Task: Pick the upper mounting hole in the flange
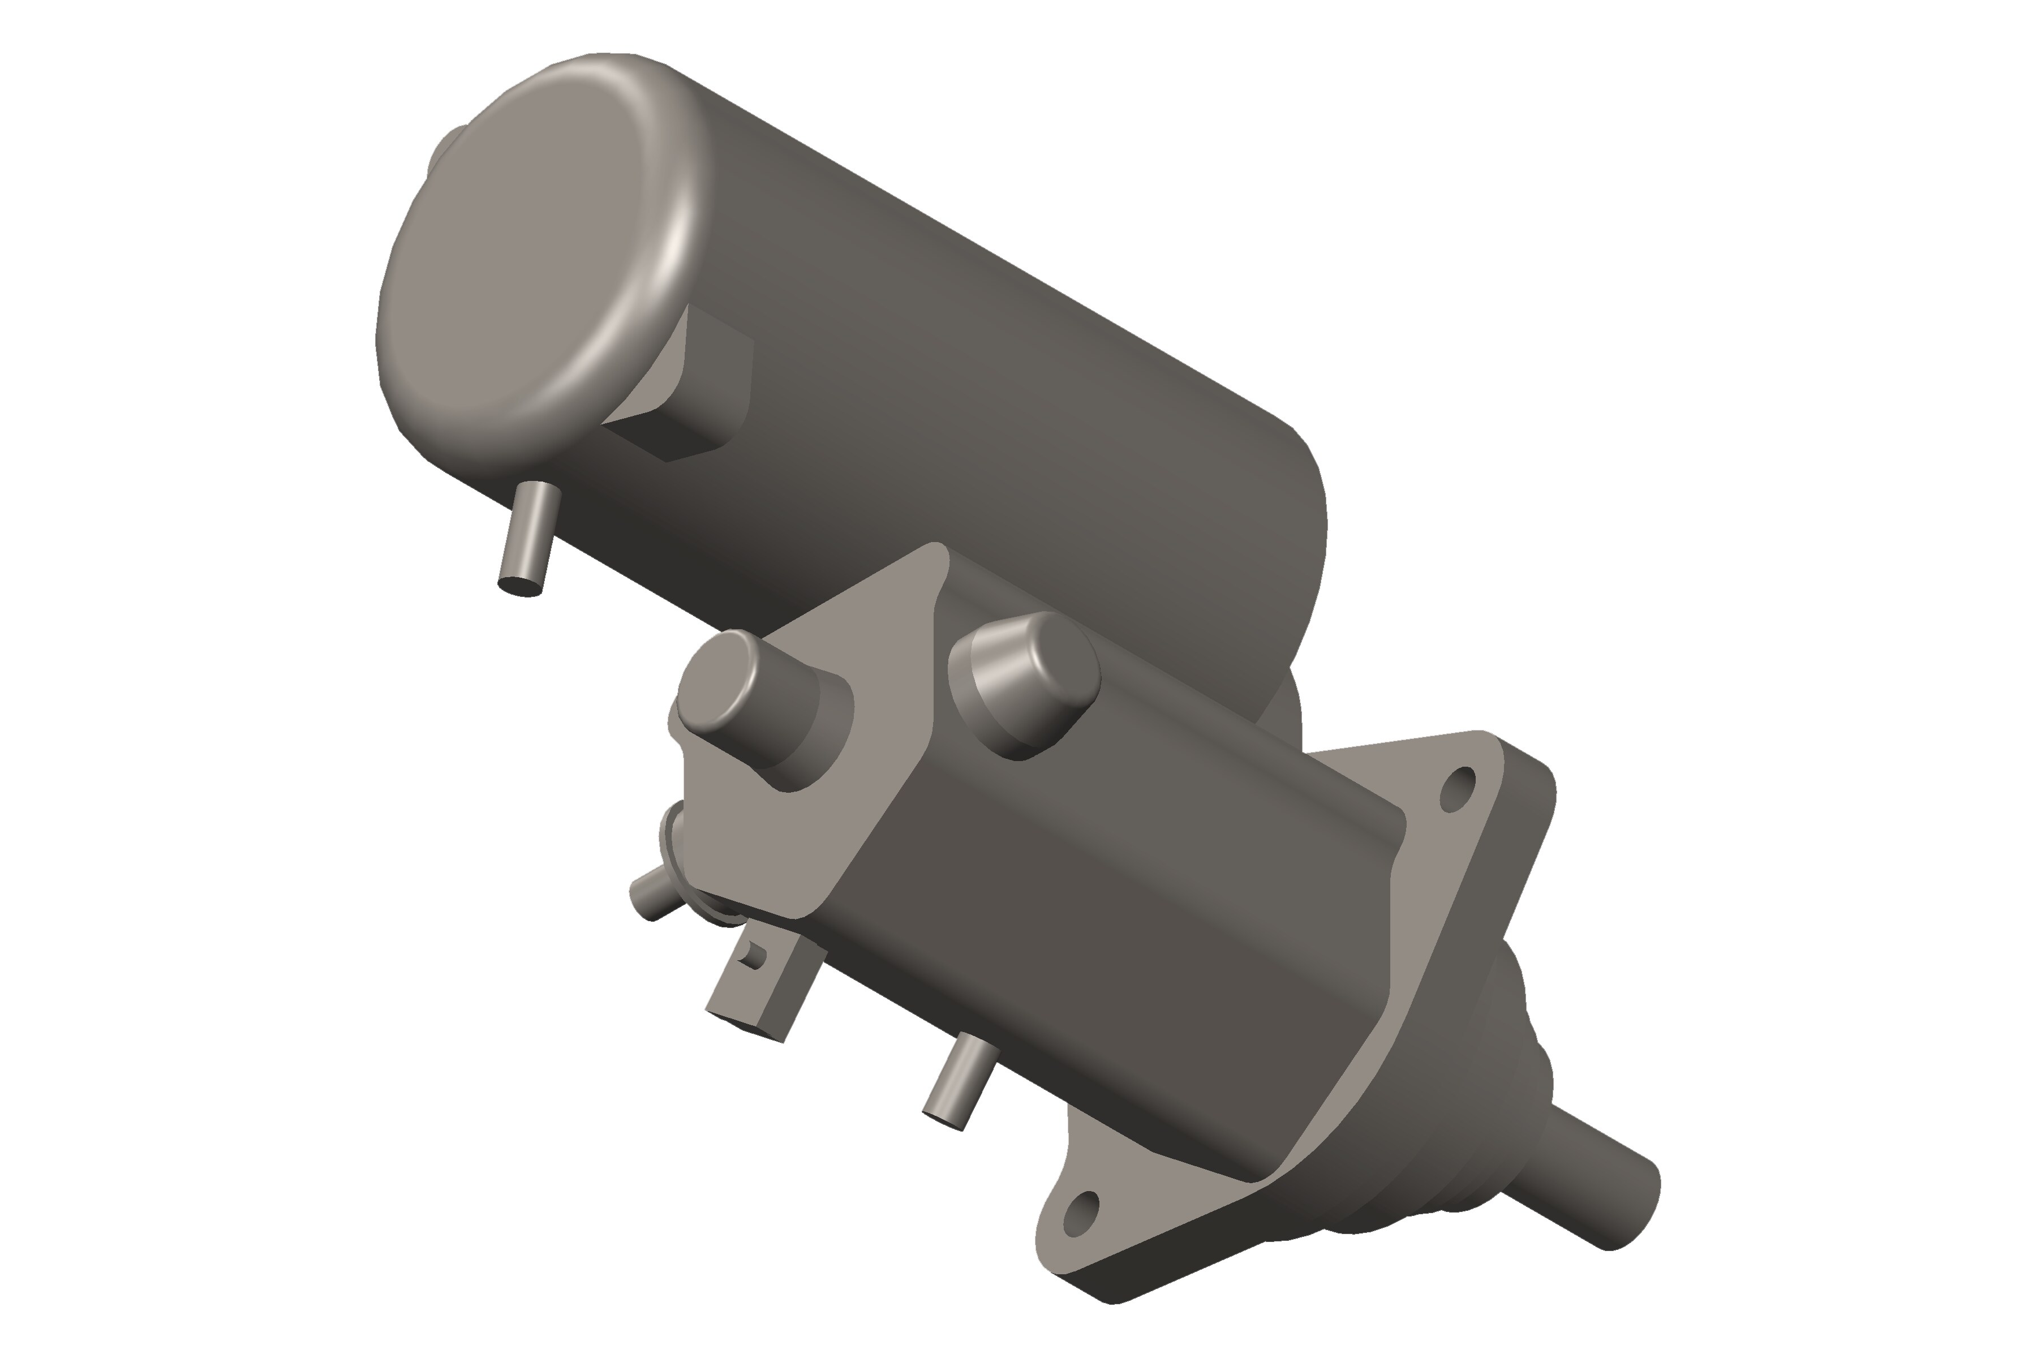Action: pyautogui.click(x=1458, y=788)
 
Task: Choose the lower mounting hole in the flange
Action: pyautogui.click(x=1080, y=1213)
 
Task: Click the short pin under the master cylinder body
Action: pyautogui.click(x=957, y=1082)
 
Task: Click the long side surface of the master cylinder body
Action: pyautogui.click(x=1126, y=909)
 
